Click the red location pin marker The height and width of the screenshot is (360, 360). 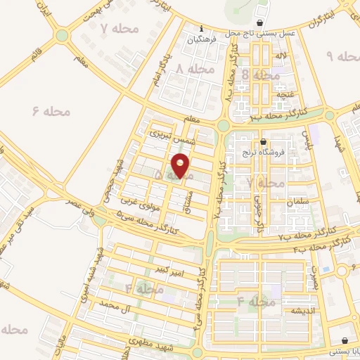(181, 166)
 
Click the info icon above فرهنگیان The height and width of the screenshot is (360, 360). (201, 29)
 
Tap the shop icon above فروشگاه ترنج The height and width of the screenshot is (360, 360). (262, 141)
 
